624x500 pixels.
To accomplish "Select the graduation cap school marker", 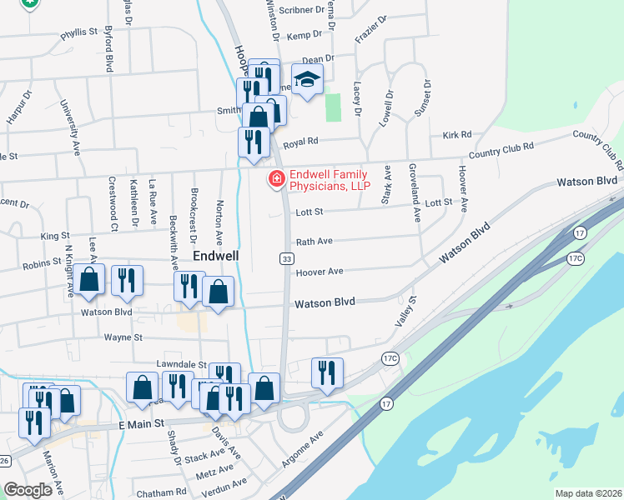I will pyautogui.click(x=307, y=80).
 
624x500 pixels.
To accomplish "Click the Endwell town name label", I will pyautogui.click(x=217, y=256).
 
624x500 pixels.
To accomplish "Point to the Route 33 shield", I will pyautogui.click(x=285, y=259).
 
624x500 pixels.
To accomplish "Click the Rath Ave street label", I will pyautogui.click(x=315, y=241).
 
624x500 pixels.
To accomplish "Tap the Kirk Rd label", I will pyautogui.click(x=457, y=134).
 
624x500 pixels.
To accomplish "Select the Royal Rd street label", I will pyautogui.click(x=301, y=143).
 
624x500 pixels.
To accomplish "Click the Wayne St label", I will pyautogui.click(x=124, y=337).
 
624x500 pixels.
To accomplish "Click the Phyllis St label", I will pyautogui.click(x=79, y=36).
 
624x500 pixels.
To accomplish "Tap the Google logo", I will pyautogui.click(x=28, y=490).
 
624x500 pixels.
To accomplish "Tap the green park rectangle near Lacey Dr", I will pyautogui.click(x=333, y=107).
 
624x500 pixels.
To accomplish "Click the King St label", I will pyautogui.click(x=56, y=237).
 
